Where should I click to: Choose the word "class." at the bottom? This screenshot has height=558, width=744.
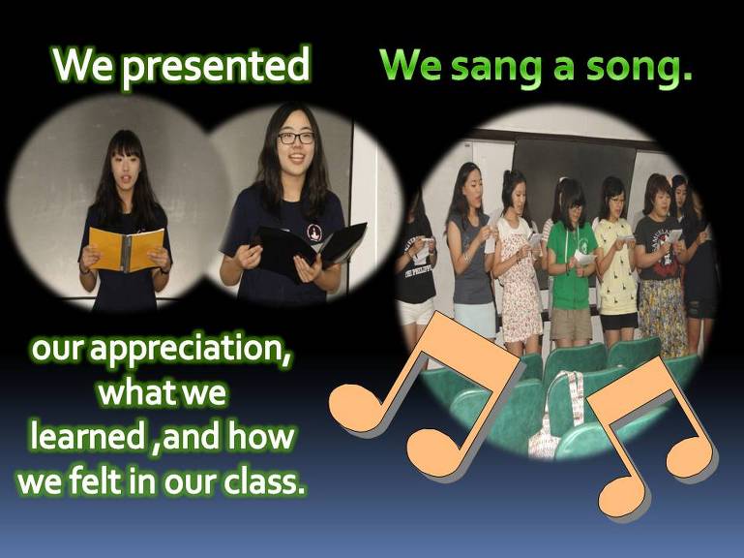coord(263,480)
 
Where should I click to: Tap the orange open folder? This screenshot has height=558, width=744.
coord(126,249)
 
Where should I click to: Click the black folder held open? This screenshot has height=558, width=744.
coord(311,250)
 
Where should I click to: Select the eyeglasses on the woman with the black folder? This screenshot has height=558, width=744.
coord(296,139)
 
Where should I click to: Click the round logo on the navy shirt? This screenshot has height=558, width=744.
coord(314,232)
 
